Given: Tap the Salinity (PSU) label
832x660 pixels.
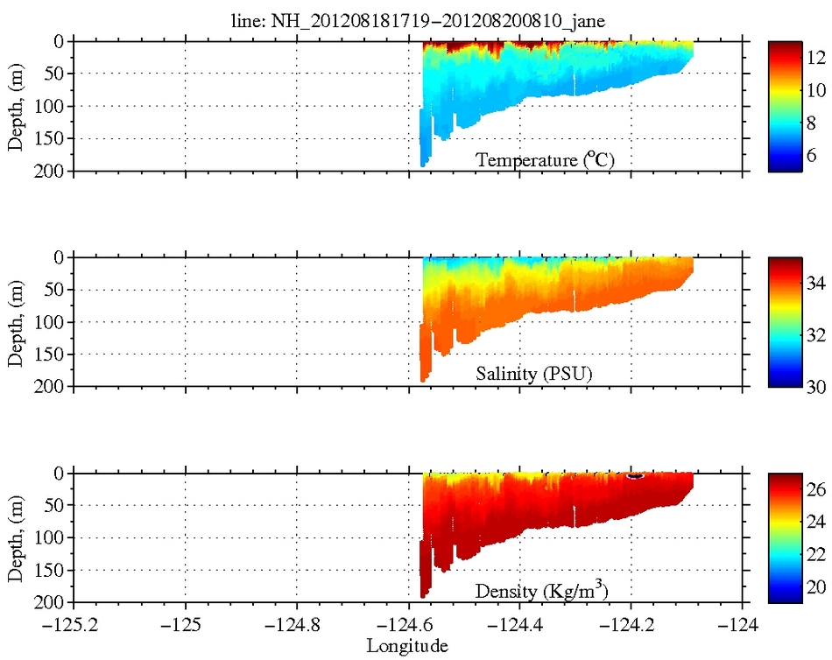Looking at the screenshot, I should click(x=534, y=374).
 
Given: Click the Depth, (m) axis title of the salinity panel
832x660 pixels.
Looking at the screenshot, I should click(x=16, y=321).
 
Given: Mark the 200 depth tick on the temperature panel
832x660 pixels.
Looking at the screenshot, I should click(x=50, y=171).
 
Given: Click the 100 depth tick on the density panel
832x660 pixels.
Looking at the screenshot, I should click(x=50, y=538).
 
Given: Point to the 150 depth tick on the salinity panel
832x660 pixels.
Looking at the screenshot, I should click(x=50, y=355).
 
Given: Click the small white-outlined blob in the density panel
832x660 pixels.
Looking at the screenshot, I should click(x=636, y=476).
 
